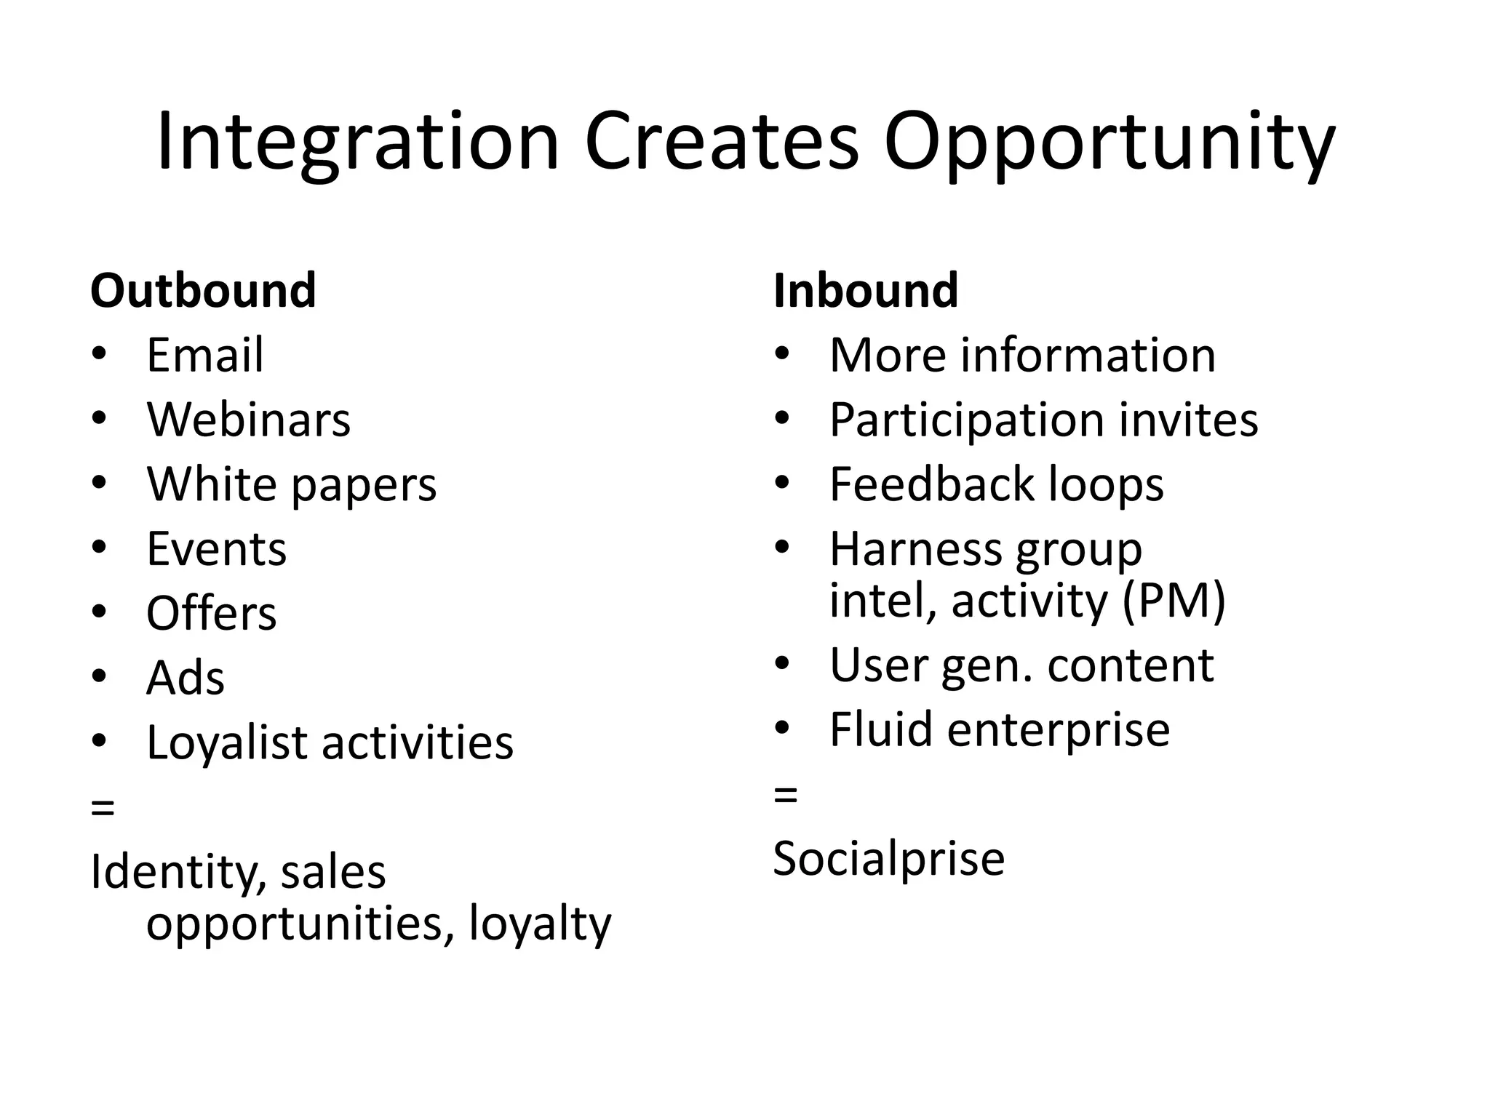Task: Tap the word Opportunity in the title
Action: click(x=1109, y=143)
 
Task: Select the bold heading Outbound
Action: click(x=203, y=290)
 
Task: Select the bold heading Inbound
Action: click(x=866, y=290)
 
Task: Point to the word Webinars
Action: click(x=248, y=420)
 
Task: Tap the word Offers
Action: click(x=211, y=613)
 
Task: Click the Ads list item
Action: click(x=185, y=678)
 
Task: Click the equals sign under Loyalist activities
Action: click(x=103, y=806)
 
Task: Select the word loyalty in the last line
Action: click(x=540, y=924)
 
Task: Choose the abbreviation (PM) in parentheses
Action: click(x=1174, y=601)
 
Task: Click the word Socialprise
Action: click(x=888, y=858)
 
